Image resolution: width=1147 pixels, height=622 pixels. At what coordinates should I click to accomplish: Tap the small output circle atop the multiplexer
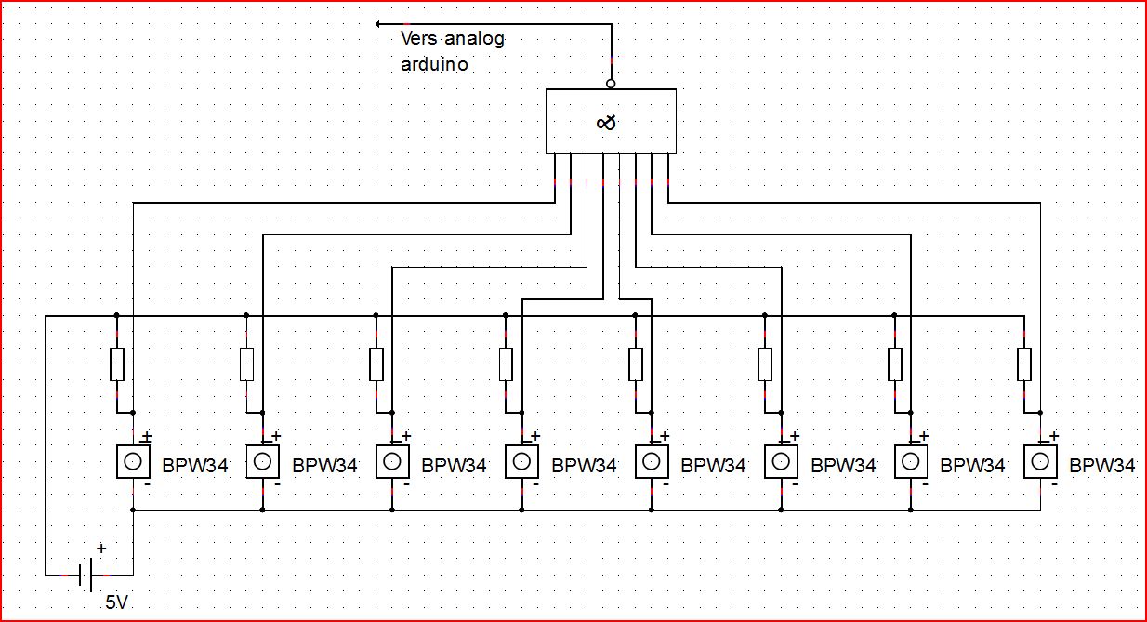(611, 84)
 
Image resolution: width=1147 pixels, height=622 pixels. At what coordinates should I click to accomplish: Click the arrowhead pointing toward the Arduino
(378, 24)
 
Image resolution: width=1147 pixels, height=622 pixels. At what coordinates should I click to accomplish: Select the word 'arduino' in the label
(434, 64)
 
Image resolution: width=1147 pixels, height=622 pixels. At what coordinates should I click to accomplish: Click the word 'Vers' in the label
(418, 38)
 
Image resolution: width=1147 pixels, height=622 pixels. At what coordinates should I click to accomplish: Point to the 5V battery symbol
(86, 575)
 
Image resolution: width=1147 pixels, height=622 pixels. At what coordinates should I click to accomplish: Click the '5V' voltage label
(116, 602)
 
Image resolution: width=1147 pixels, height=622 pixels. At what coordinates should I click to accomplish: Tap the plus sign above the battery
(101, 549)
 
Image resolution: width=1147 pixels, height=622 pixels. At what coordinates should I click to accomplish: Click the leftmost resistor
(117, 364)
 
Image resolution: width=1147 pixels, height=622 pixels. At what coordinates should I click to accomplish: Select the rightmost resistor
(1024, 364)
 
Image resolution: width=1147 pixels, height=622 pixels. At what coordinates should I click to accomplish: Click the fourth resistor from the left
(506, 364)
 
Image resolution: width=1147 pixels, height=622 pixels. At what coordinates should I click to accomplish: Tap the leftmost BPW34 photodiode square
(133, 462)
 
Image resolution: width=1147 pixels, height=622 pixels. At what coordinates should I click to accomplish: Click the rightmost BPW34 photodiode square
(1040, 462)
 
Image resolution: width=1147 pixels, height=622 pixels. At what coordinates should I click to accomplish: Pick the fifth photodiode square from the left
(652, 462)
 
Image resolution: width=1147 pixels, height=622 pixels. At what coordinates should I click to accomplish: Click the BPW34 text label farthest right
(1102, 465)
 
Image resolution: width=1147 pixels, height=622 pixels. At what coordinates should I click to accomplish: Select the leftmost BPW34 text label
(194, 465)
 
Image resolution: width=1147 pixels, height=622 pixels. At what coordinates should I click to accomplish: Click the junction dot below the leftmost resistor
(133, 413)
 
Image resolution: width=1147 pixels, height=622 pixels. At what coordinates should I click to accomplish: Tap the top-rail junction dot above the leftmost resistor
(117, 315)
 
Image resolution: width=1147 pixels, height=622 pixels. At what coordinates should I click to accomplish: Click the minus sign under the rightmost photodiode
(1054, 484)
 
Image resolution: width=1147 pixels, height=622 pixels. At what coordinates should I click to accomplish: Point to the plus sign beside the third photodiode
(406, 436)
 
